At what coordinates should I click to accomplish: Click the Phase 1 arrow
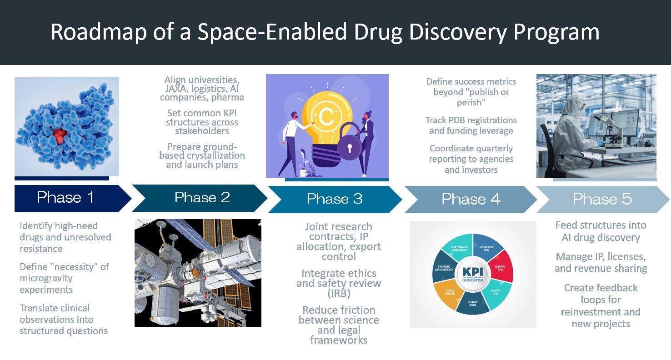pos(72,199)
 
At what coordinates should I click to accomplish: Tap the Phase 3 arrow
pos(335,200)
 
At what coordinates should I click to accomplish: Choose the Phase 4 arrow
pos(471,200)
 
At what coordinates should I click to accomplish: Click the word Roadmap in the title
pos(99,32)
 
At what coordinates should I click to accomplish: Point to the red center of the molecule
pos(60,136)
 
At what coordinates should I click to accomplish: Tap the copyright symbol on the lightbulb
pos(326,116)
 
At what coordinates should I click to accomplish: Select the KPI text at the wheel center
pos(473,272)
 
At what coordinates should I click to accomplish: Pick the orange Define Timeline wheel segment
pos(447,295)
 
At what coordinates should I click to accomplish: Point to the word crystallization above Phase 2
pos(220,156)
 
